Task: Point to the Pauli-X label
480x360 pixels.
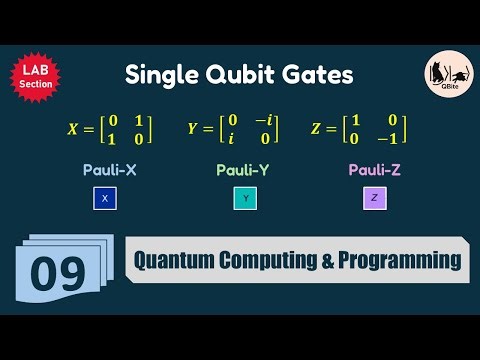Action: [x=109, y=171]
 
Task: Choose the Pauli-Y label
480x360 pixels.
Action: [x=243, y=171]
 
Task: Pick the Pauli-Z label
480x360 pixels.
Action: [x=375, y=171]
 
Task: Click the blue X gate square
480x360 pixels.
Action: [x=104, y=200]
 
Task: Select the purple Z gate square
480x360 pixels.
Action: [x=374, y=200]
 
